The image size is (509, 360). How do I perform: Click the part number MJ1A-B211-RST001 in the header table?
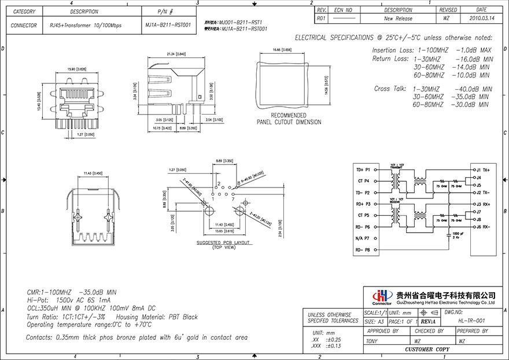click(x=166, y=25)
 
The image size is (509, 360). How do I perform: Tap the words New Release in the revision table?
click(x=398, y=19)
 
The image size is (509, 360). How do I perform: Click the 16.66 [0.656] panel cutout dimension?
click(x=282, y=50)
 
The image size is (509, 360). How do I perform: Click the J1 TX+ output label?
click(x=482, y=170)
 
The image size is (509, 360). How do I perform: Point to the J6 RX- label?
click(x=482, y=227)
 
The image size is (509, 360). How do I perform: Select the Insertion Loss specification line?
click(x=431, y=50)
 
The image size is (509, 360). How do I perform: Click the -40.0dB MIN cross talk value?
click(x=473, y=89)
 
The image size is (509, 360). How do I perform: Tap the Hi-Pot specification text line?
click(x=69, y=300)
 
